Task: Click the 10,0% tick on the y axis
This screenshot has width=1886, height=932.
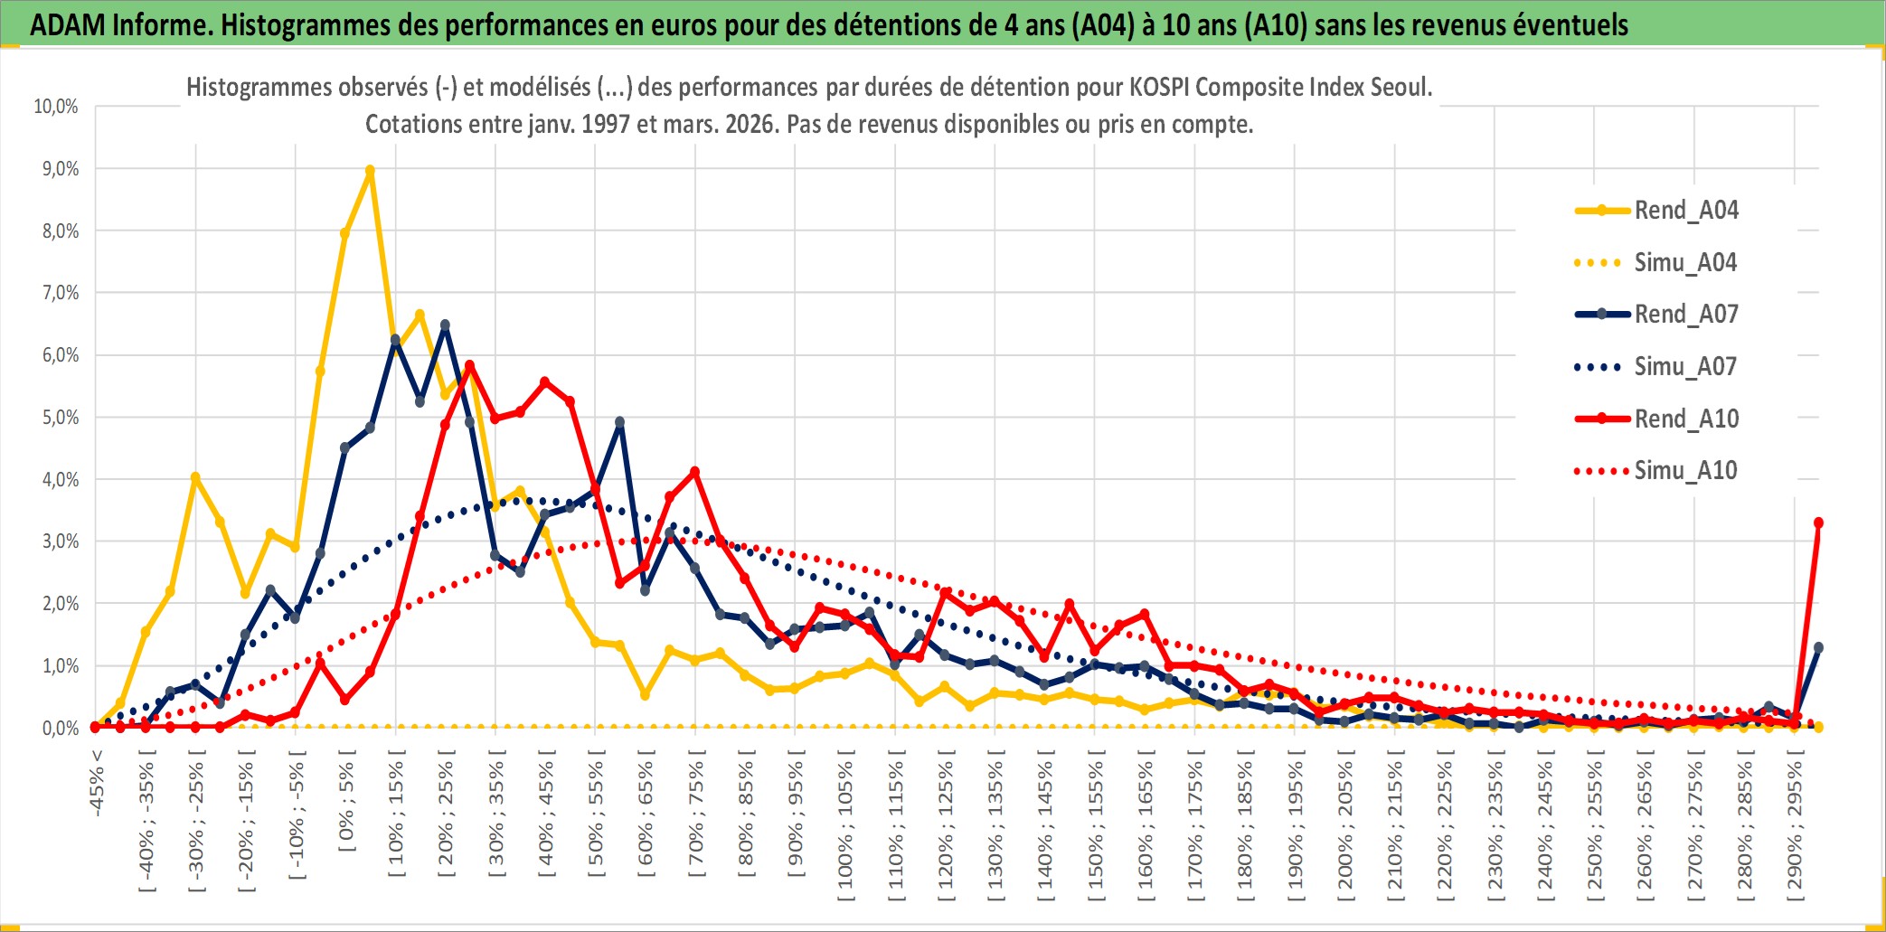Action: coord(56,107)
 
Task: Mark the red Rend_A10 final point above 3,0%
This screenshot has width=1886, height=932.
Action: coord(1818,522)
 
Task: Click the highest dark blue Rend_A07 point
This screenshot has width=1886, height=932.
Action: coord(445,325)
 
